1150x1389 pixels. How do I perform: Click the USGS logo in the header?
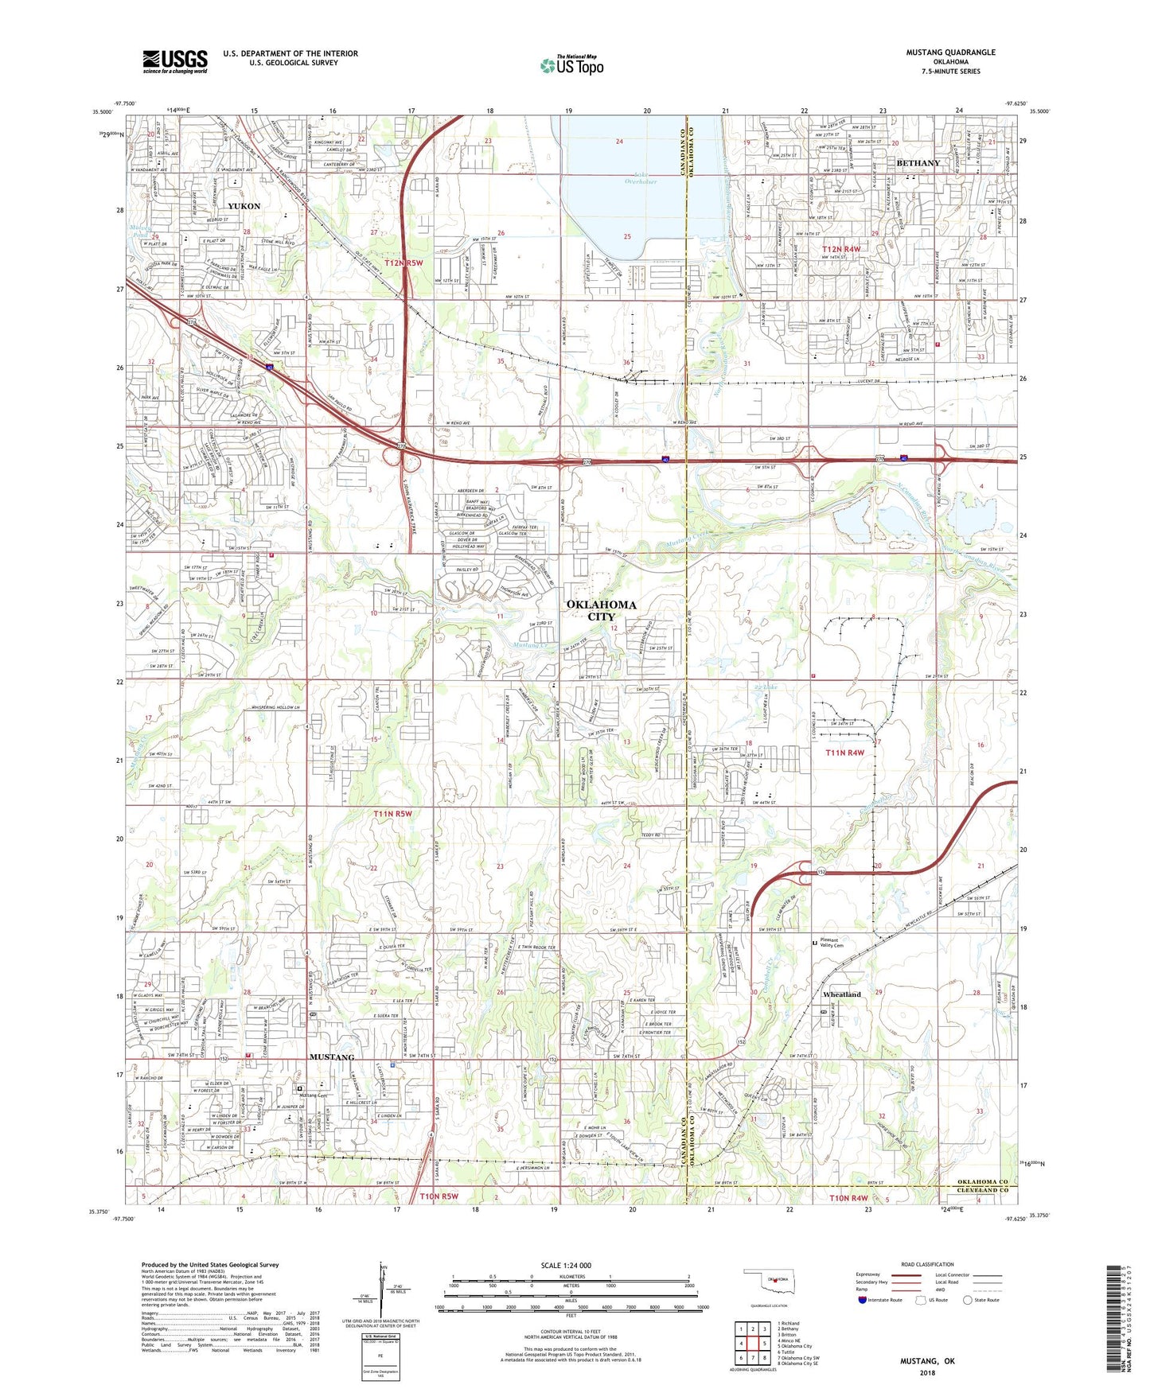coord(174,61)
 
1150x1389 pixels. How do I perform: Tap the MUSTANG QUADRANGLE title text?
coord(950,53)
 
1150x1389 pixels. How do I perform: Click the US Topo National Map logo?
coord(571,65)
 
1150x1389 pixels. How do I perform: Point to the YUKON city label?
coord(244,206)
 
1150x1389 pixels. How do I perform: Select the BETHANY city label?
coord(918,163)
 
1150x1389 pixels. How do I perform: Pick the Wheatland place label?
coord(842,994)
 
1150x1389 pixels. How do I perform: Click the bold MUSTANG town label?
coord(331,1057)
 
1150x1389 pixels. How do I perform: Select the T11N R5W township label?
coord(392,814)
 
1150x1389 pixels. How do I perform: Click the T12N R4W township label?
coord(840,250)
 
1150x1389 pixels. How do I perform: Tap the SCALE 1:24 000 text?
coord(565,1266)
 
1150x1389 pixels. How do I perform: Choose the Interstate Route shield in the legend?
coord(863,1300)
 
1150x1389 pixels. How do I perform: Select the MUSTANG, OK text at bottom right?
coord(927,1361)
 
